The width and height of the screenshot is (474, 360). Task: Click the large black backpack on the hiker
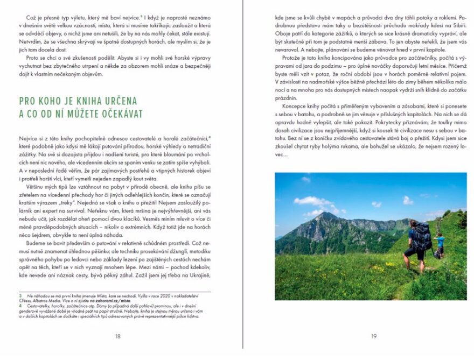(x=422, y=235)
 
